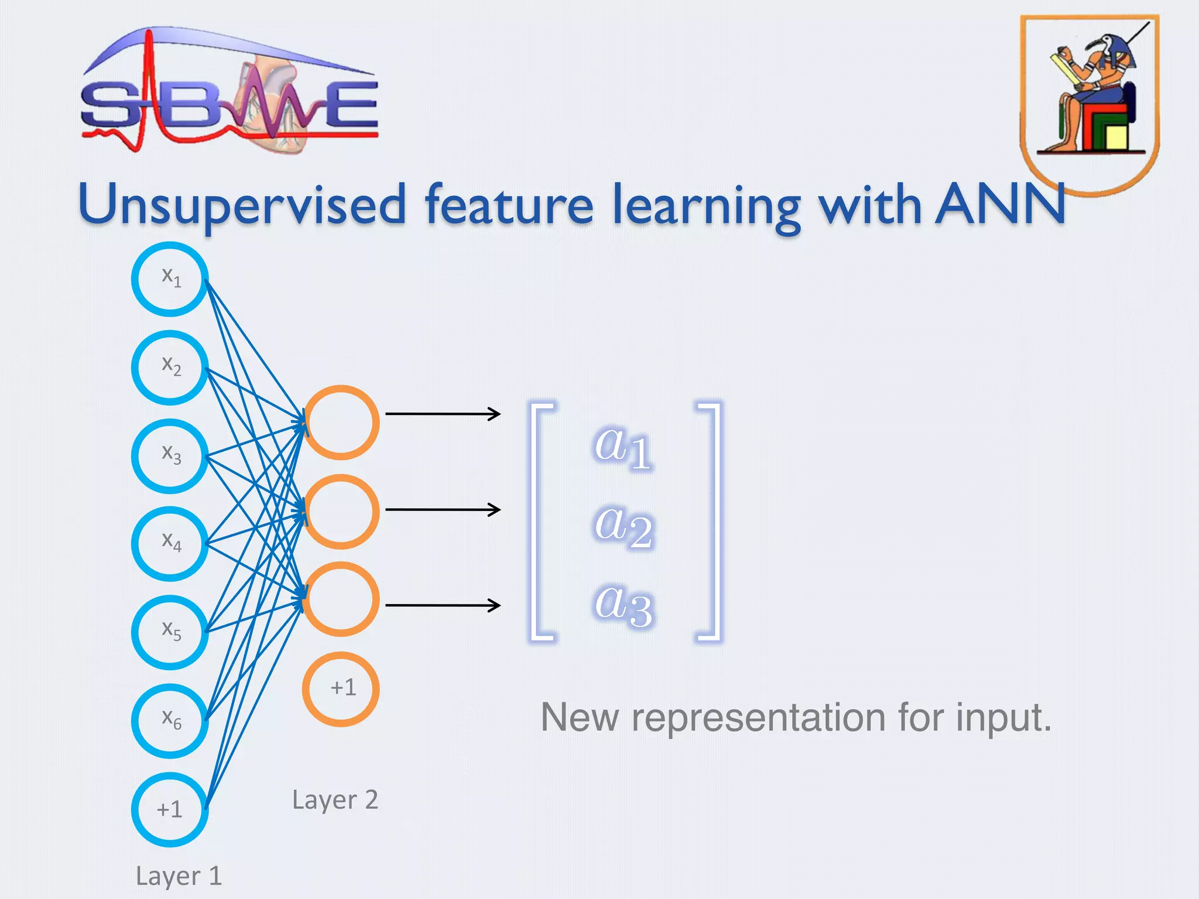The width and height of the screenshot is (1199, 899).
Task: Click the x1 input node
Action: [170, 279]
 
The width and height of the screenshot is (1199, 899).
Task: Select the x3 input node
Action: [170, 456]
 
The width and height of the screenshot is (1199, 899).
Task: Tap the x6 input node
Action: [170, 720]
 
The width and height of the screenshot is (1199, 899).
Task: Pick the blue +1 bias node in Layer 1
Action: [170, 809]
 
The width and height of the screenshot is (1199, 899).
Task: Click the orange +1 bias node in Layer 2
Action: [341, 689]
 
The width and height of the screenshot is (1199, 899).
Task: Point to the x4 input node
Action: [170, 544]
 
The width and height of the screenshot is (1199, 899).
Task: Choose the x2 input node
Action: [170, 368]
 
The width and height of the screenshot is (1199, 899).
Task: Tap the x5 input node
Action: [170, 632]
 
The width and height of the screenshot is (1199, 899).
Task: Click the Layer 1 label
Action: [179, 876]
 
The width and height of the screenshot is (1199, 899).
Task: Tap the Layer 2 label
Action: [335, 800]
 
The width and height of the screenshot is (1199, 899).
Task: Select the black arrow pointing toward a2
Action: [443, 510]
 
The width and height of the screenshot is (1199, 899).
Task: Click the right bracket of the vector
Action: [711, 521]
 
